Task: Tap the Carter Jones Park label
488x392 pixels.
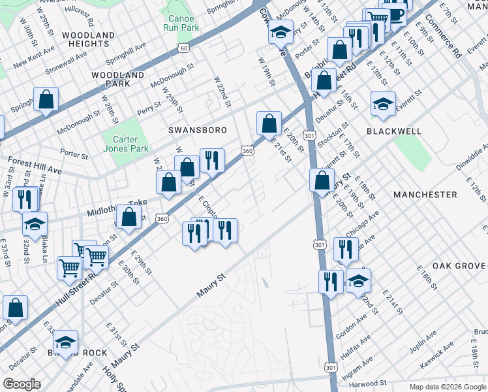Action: click(126, 144)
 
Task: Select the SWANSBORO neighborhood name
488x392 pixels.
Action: click(198, 130)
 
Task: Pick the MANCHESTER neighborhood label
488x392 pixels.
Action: click(425, 195)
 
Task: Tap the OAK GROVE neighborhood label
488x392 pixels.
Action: click(459, 266)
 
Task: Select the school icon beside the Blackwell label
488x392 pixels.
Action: click(383, 103)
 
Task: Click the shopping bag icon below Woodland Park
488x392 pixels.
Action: click(46, 100)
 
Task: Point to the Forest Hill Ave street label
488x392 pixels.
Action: click(34, 165)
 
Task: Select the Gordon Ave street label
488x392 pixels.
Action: click(352, 323)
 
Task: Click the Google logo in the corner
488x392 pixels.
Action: click(22, 384)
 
